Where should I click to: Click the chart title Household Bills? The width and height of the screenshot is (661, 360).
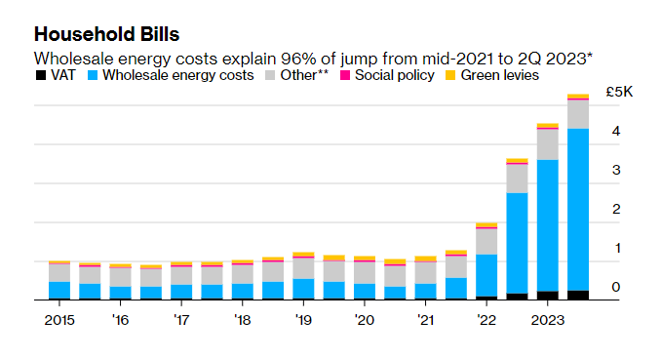[x=106, y=34]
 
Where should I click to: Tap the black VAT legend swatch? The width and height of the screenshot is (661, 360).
[x=41, y=75]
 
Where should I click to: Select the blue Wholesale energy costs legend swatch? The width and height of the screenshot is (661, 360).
[x=93, y=75]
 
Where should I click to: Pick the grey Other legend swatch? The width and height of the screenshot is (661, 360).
[x=270, y=75]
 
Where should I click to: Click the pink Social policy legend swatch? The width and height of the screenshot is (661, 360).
[x=345, y=75]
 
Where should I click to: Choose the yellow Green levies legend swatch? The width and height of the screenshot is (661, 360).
[x=450, y=75]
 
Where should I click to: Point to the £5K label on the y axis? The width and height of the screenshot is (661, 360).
[x=619, y=92]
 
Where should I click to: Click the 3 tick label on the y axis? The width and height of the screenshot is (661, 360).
[x=616, y=170]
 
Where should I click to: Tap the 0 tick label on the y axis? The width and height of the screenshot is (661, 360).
[x=616, y=287]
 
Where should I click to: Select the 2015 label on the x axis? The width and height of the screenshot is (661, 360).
[x=59, y=320]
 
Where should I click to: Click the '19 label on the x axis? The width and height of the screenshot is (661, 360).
[x=303, y=320]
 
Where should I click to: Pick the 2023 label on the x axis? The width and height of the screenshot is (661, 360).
[x=548, y=320]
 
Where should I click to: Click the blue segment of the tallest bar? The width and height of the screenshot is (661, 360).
[x=578, y=210]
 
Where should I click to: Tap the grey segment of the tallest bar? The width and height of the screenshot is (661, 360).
[x=578, y=114]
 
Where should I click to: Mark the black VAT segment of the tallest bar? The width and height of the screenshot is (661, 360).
[x=578, y=295]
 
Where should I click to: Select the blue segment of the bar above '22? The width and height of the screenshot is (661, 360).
[x=486, y=275]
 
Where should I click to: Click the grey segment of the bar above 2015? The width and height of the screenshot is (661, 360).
[x=59, y=273]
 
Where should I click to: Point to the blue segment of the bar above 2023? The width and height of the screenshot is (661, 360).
[x=548, y=225]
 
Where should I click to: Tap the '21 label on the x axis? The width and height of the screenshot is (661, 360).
[x=425, y=320]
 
